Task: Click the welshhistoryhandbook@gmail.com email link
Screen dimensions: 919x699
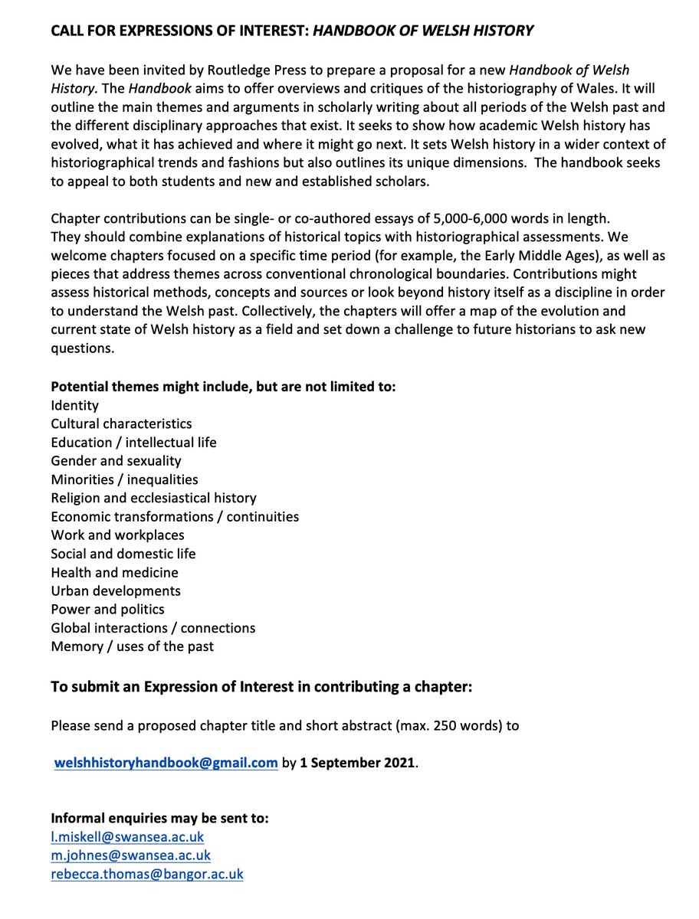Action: click(166, 763)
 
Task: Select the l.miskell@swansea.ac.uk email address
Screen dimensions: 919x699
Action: click(127, 837)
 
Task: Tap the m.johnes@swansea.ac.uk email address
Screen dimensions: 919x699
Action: click(130, 855)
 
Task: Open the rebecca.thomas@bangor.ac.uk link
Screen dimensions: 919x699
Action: click(147, 874)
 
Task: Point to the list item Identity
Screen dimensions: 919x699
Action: click(74, 405)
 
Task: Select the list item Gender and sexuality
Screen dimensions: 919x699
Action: click(116, 461)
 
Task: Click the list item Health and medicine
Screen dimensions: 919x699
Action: click(114, 572)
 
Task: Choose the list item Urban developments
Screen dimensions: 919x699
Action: click(116, 590)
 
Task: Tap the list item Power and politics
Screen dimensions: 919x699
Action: click(107, 610)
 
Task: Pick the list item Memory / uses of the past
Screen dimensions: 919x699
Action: click(132, 646)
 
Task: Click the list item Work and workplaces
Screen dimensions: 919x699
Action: click(117, 535)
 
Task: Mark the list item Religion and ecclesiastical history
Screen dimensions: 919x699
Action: click(153, 498)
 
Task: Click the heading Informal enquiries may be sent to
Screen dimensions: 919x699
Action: click(159, 819)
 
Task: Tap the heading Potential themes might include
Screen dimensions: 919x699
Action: click(222, 387)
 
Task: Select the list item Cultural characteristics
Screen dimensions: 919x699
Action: click(121, 424)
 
